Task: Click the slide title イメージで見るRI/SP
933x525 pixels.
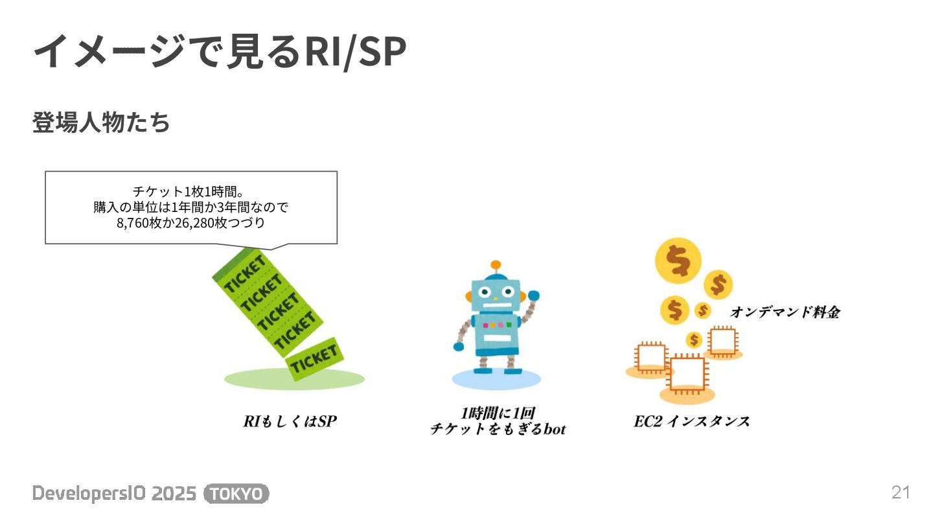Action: click(219, 52)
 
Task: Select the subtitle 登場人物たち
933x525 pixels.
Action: click(101, 122)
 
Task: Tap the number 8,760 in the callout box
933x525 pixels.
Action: click(132, 224)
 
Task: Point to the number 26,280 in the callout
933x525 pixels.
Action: click(193, 224)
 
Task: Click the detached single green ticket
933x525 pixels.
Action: click(315, 358)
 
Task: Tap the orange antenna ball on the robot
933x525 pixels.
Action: click(496, 265)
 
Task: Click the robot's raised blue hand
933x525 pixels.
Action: click(533, 296)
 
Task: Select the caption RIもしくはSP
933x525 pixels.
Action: click(290, 422)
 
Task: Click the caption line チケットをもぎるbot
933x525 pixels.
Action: click(498, 429)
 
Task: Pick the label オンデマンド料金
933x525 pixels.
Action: click(785, 312)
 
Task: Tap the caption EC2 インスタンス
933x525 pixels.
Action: click(691, 422)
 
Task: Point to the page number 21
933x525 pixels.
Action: click(901, 493)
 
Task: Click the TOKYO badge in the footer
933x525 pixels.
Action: click(236, 494)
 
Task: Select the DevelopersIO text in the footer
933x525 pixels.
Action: click(82, 494)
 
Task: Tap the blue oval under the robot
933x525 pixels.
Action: click(496, 379)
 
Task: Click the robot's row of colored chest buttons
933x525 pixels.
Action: click(496, 324)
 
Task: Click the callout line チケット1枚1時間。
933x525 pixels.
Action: click(188, 192)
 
